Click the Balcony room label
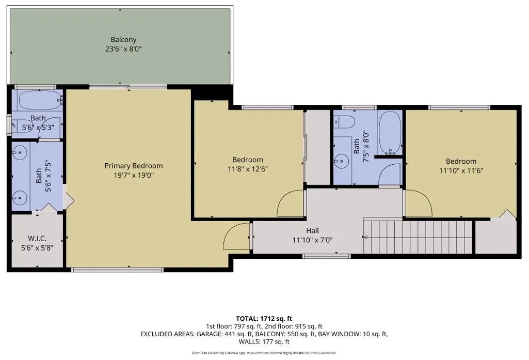tap(123, 39)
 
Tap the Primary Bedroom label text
tap(134, 166)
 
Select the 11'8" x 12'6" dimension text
tap(248, 169)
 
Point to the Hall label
tap(312, 231)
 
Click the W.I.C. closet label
tap(37, 239)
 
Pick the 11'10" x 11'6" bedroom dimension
tap(461, 170)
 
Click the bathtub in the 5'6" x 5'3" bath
tap(40, 100)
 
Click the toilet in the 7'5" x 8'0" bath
tap(344, 121)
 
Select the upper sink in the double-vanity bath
tap(20, 153)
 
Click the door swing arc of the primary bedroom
tap(233, 228)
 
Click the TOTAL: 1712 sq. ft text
tap(264, 319)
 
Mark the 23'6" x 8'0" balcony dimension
tap(123, 49)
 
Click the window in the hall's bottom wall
tap(326, 256)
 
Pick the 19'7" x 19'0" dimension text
tap(134, 175)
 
